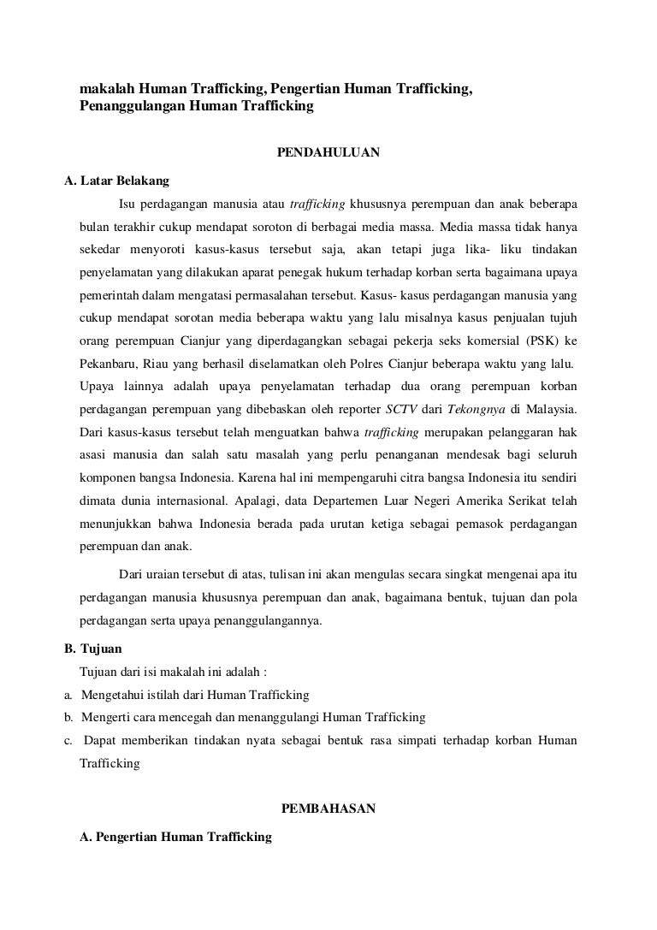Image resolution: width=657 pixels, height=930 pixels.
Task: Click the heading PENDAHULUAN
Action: (x=328, y=153)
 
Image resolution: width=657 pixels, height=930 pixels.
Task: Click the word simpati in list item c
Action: (x=411, y=739)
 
